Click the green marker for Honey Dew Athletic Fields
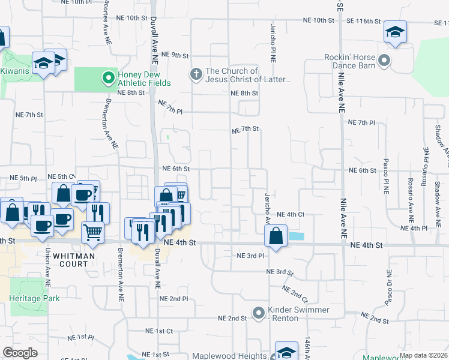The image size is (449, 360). pos(109,77)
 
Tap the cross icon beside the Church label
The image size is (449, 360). pos(195,74)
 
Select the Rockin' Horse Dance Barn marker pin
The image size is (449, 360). pos(385,61)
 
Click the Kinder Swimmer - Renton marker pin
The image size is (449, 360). pos(259,313)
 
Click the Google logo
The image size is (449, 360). pos(20,353)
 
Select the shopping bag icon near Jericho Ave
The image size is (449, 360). pos(276,235)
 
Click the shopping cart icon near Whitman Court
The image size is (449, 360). pos(92,231)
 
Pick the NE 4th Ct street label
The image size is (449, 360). pos(291,214)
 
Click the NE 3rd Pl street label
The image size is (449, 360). pos(250,256)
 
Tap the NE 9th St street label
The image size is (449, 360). pos(176,55)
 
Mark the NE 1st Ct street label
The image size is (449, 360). pos(159,331)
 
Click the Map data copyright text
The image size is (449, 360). pos(424,355)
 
